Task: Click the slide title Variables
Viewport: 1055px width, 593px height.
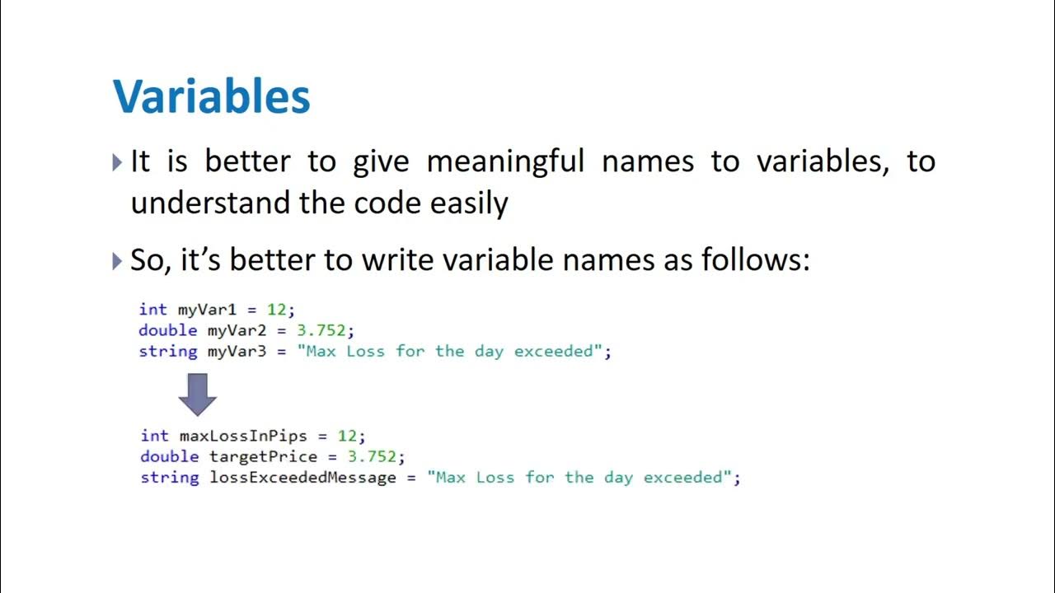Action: click(211, 96)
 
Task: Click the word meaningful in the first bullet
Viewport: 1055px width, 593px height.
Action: click(505, 161)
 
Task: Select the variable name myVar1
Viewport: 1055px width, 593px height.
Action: click(207, 310)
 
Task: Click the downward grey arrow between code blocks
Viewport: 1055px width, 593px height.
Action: click(197, 394)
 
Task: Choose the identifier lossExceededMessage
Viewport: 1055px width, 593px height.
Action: click(302, 478)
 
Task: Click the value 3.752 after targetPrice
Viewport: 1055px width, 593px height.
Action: click(373, 456)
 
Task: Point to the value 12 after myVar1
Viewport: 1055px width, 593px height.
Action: click(276, 310)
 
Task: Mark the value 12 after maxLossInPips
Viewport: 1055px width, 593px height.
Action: click(347, 436)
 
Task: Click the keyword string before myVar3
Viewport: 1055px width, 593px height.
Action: click(168, 352)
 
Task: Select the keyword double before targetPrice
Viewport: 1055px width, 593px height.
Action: click(169, 456)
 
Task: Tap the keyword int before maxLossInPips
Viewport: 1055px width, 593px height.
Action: click(154, 436)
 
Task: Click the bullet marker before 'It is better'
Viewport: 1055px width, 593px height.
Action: click(117, 161)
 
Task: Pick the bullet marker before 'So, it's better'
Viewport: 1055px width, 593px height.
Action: click(117, 261)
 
